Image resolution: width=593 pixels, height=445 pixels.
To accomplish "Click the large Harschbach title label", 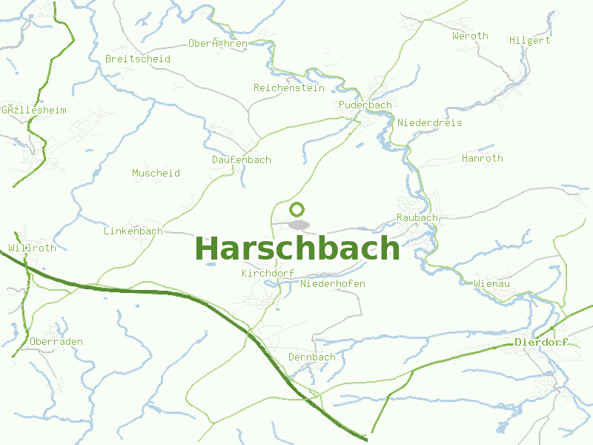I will pyautogui.click(x=296, y=248).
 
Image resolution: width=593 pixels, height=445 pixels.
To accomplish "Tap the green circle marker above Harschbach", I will pyautogui.click(x=297, y=209).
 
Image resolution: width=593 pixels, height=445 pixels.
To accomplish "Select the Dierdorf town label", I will pyautogui.click(x=540, y=343).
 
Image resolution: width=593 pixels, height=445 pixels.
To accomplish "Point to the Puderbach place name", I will pyautogui.click(x=365, y=105).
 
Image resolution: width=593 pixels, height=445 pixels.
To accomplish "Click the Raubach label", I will pyautogui.click(x=417, y=218).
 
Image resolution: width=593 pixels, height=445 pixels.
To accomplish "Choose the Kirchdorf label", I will pyautogui.click(x=268, y=274).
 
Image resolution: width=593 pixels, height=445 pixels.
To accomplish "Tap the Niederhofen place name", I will pyautogui.click(x=333, y=284).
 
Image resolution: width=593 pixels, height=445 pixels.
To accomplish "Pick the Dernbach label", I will pyautogui.click(x=311, y=357).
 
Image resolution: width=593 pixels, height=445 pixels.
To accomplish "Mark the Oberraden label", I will pyautogui.click(x=56, y=342).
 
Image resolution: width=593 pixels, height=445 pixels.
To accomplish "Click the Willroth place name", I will pyautogui.click(x=32, y=248).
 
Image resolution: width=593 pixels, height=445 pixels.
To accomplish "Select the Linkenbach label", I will pyautogui.click(x=133, y=231).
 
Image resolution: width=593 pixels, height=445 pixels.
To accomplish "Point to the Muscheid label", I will pyautogui.click(x=156, y=174).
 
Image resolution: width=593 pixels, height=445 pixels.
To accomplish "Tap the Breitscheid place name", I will pyautogui.click(x=138, y=59).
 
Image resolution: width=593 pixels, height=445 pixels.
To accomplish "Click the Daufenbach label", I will pyautogui.click(x=242, y=160).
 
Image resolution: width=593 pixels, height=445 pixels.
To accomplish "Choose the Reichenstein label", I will pyautogui.click(x=289, y=88).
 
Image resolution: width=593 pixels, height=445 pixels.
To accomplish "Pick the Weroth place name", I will pyautogui.click(x=470, y=36).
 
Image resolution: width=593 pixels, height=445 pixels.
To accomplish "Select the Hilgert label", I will pyautogui.click(x=530, y=41).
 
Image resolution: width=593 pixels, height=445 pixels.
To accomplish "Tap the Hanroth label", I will pyautogui.click(x=483, y=159).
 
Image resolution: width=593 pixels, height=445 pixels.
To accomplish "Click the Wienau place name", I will pyautogui.click(x=491, y=284).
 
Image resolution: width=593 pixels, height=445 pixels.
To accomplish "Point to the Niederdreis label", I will pyautogui.click(x=430, y=123).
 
